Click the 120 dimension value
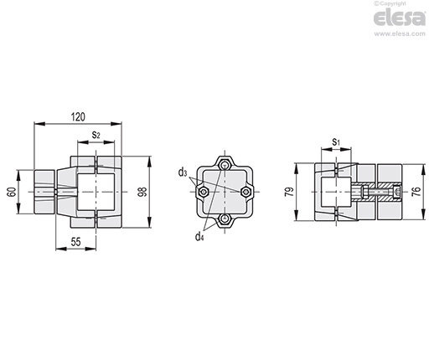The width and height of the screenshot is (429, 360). [x=78, y=117]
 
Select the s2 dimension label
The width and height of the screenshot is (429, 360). [x=96, y=135]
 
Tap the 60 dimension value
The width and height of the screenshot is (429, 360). [x=12, y=192]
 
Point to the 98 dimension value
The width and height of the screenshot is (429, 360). [x=142, y=192]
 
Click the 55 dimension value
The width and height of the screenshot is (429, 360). [x=75, y=242]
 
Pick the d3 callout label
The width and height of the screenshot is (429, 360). [x=183, y=172]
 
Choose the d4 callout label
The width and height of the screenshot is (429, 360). [x=199, y=237]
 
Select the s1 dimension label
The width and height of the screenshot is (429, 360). [x=336, y=141]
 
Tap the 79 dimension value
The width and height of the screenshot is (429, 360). [x=289, y=192]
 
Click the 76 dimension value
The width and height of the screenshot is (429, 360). [x=416, y=191]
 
